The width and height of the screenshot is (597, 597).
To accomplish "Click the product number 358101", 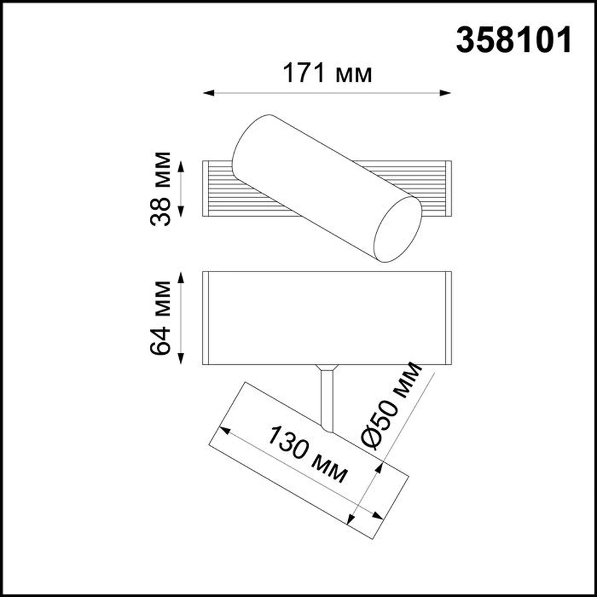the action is pyautogui.click(x=513, y=40).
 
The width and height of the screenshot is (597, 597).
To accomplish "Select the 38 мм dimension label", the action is pyautogui.click(x=160, y=189).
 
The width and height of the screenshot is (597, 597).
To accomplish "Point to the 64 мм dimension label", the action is pyautogui.click(x=160, y=318).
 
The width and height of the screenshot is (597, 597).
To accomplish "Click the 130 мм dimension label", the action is pyautogui.click(x=307, y=454).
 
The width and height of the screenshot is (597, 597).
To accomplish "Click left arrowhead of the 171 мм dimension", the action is pyautogui.click(x=208, y=93).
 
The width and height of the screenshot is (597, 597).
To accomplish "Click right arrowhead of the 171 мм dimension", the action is pyautogui.click(x=445, y=93).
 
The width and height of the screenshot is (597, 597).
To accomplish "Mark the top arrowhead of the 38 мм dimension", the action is pyautogui.click(x=181, y=167).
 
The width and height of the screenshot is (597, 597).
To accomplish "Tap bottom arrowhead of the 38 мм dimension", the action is pyautogui.click(x=181, y=211).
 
